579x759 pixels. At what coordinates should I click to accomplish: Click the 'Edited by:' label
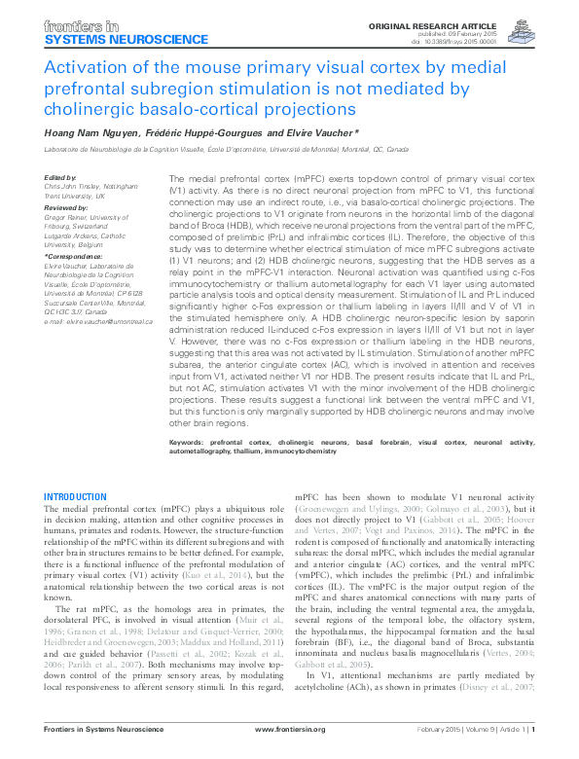[61, 177]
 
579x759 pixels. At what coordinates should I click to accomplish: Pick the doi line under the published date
[496, 40]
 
